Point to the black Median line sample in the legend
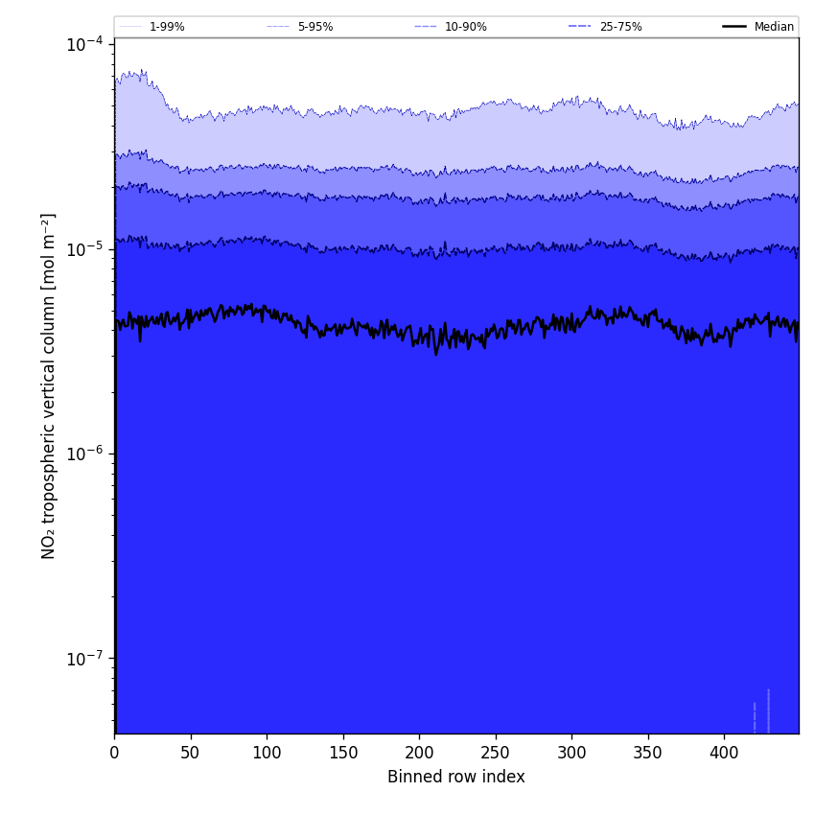pos(734,27)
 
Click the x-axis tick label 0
pos(114,753)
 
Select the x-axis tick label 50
pos(190,753)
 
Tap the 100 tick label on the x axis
pos(267,753)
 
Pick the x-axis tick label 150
pos(342,753)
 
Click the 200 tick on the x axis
pos(419,753)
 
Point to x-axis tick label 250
pos(495,753)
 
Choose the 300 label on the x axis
pos(571,753)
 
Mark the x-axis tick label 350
pos(647,753)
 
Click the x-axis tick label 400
pos(724,753)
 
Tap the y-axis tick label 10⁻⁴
pos(85,44)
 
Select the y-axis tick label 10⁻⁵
pos(85,249)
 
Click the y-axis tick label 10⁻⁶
pos(85,454)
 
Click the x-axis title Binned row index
pos(456,777)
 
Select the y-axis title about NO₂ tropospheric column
pos(49,385)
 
